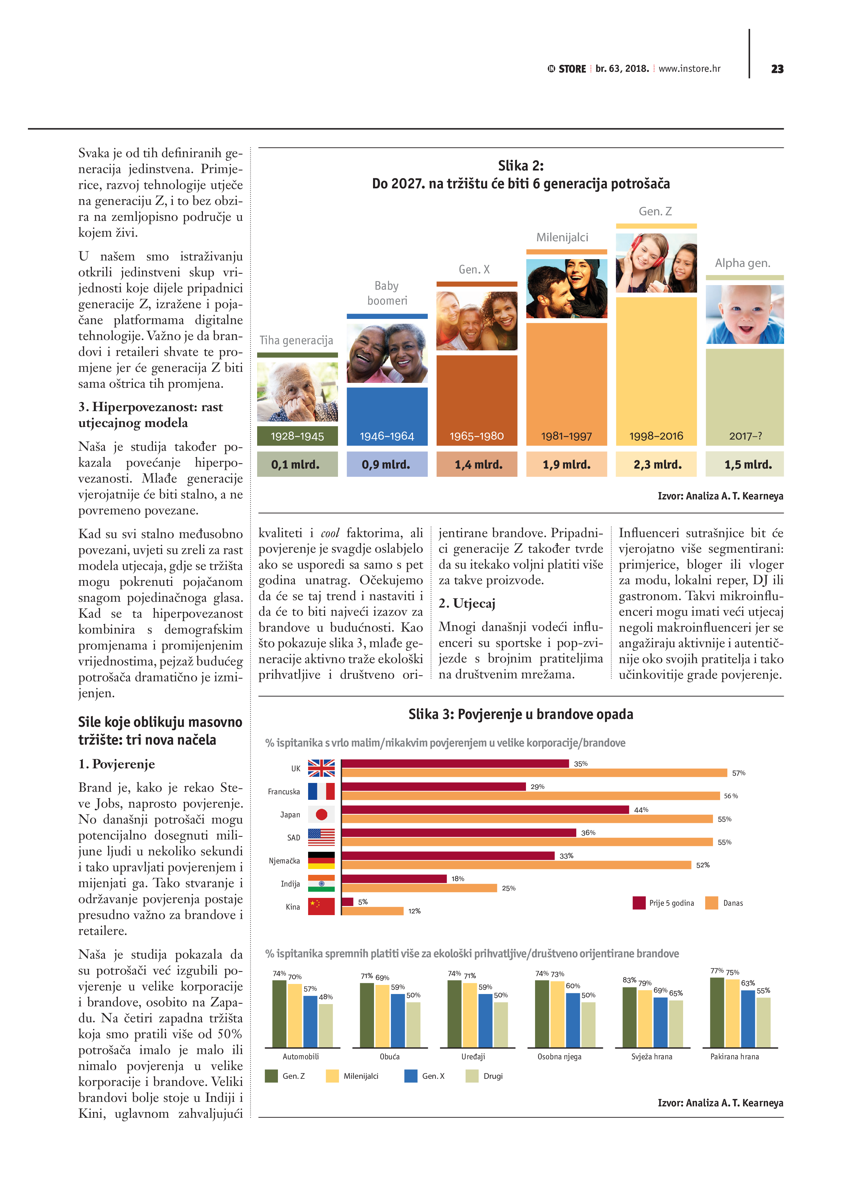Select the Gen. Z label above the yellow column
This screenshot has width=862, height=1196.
coord(655,211)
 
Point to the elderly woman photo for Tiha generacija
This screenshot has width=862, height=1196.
coord(297,391)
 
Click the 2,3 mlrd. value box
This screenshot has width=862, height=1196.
coord(657,465)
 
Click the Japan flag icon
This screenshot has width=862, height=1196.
coord(321,814)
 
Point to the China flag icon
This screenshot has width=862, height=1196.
coord(321,906)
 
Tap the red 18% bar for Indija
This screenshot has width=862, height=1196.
coord(394,878)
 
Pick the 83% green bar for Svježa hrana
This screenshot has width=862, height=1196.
coord(630,1017)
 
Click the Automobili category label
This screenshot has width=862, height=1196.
coord(301,1057)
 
